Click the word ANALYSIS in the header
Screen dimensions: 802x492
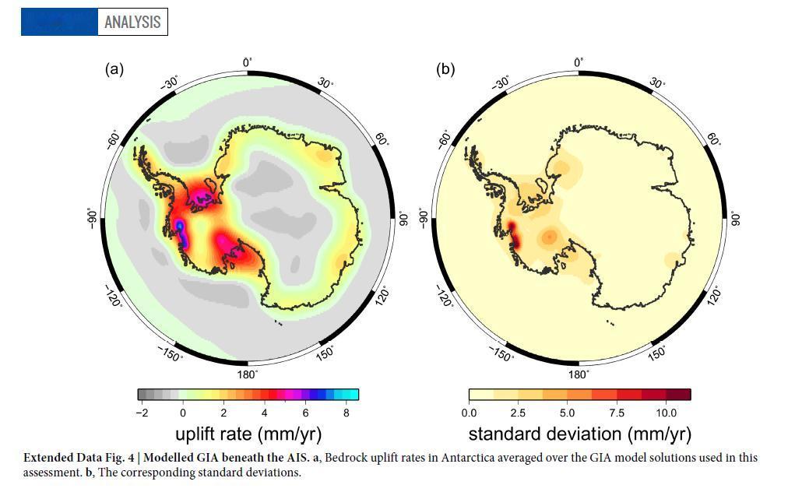tap(132, 22)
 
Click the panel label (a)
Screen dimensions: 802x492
tap(114, 69)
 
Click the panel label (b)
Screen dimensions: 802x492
tap(445, 69)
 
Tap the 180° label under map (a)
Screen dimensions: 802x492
tap(247, 374)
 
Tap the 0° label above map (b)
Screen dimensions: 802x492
tap(579, 62)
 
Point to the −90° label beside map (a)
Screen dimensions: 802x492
tap(92, 218)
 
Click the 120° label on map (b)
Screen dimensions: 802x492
tap(714, 297)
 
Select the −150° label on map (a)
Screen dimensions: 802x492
tap(170, 353)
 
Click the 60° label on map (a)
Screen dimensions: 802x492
tap(382, 139)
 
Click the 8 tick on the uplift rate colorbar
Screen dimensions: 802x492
tap(346, 413)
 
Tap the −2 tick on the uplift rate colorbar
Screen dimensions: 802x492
tap(142, 413)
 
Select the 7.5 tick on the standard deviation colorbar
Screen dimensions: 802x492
tap(617, 413)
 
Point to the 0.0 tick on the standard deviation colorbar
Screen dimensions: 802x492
tap(469, 413)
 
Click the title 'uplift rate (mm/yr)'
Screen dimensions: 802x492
tap(248, 434)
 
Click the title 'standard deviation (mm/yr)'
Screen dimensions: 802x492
tap(580, 434)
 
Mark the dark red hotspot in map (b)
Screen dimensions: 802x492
tap(513, 234)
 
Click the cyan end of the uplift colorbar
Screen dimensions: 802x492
tap(351, 395)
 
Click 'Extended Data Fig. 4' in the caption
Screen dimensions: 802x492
tap(79, 458)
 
